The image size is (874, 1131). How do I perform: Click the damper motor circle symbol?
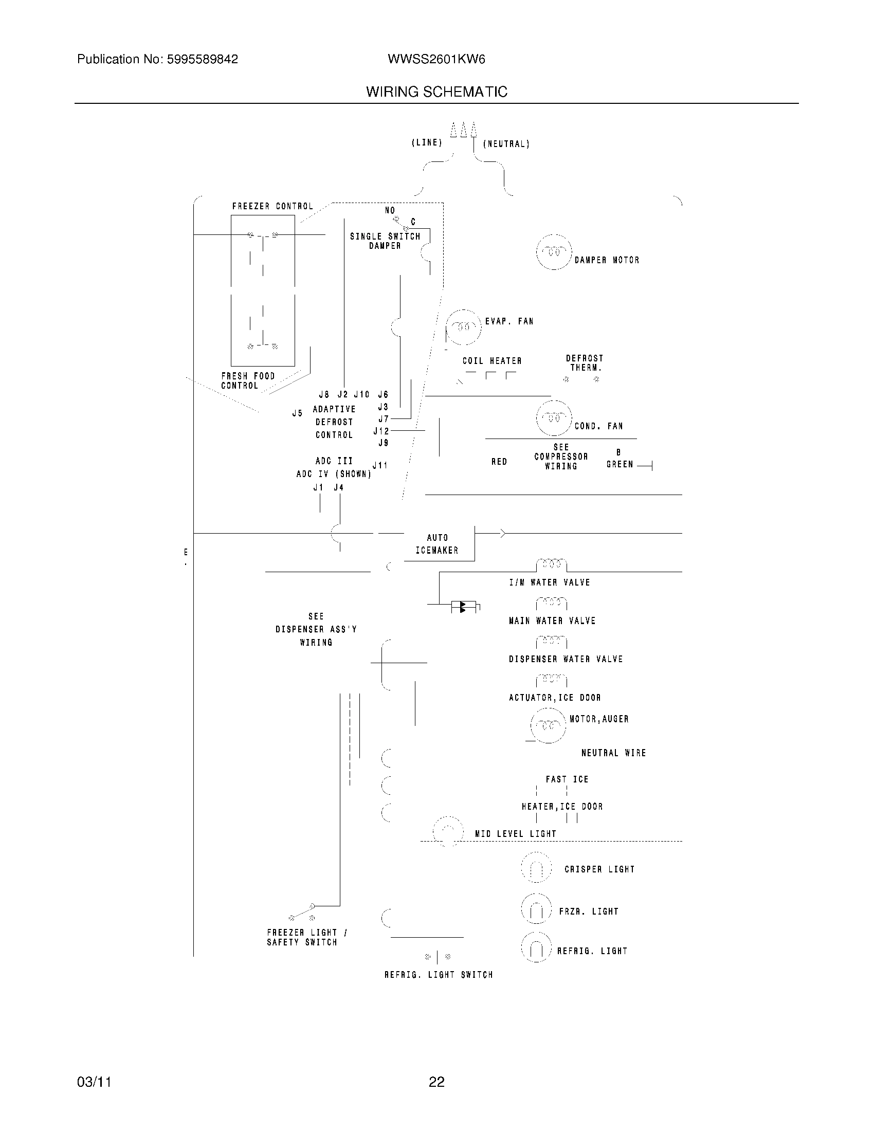pyautogui.click(x=554, y=252)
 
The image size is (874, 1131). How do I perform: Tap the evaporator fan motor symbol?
pyautogui.click(x=463, y=327)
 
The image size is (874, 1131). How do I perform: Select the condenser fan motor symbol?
pyautogui.click(x=554, y=418)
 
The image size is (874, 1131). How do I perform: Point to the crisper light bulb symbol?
pyautogui.click(x=536, y=868)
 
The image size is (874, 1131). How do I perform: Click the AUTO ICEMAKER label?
pyautogui.click(x=437, y=544)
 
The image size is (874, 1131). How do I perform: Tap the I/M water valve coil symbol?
pyautogui.click(x=552, y=564)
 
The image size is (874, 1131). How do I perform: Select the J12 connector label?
pyautogui.click(x=381, y=431)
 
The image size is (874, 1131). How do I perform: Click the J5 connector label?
pyautogui.click(x=297, y=413)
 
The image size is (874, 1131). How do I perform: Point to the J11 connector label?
pyautogui.click(x=380, y=465)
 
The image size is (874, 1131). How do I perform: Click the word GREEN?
pyautogui.click(x=620, y=465)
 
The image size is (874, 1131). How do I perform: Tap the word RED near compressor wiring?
pyautogui.click(x=499, y=462)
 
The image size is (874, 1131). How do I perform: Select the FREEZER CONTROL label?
pyautogui.click(x=272, y=206)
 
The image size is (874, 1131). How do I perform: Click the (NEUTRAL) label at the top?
pyautogui.click(x=506, y=144)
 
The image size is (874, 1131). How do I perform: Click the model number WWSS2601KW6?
pyautogui.click(x=436, y=60)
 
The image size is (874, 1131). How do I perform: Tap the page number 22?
pyautogui.click(x=436, y=1082)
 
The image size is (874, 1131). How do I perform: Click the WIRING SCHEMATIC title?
pyautogui.click(x=436, y=92)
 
